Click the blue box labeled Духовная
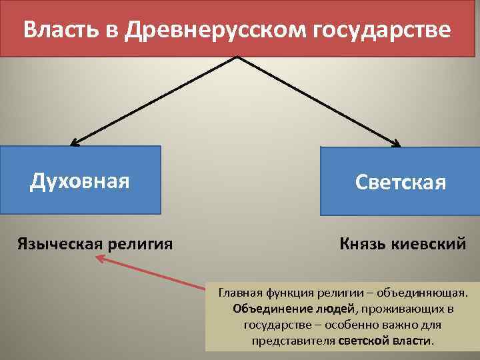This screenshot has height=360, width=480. pos(80,180)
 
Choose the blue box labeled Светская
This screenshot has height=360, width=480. pos(400,181)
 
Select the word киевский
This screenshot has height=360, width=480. pos(432,243)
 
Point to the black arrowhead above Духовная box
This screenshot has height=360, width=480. pos(73,142)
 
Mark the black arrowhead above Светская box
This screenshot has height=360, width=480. pos(396,143)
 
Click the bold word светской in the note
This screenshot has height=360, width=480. pos(361,341)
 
